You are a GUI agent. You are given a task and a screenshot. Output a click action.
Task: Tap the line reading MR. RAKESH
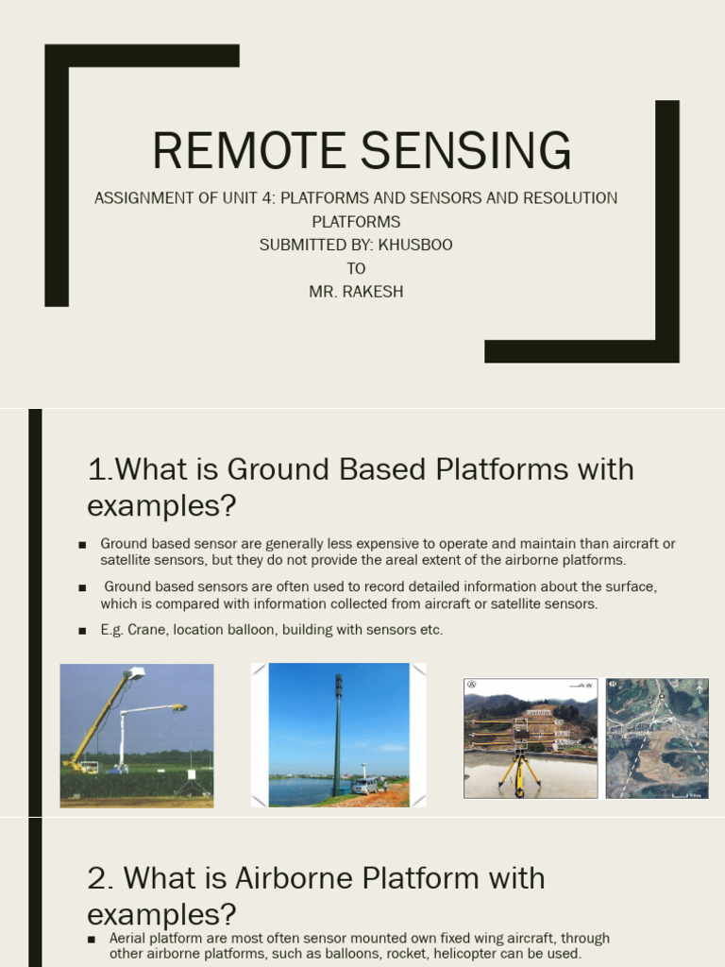click(356, 292)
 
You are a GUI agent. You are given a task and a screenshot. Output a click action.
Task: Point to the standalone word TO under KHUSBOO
click(356, 268)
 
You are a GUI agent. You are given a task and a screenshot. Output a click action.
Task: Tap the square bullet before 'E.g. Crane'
click(82, 630)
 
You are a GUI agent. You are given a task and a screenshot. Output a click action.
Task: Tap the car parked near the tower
click(363, 786)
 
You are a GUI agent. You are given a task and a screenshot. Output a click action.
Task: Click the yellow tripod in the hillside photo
click(520, 770)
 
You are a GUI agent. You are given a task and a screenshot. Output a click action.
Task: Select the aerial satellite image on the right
click(657, 738)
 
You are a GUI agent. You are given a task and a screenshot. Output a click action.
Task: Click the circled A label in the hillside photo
click(471, 686)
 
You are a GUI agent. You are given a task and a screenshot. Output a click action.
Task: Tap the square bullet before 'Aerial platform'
click(92, 940)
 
